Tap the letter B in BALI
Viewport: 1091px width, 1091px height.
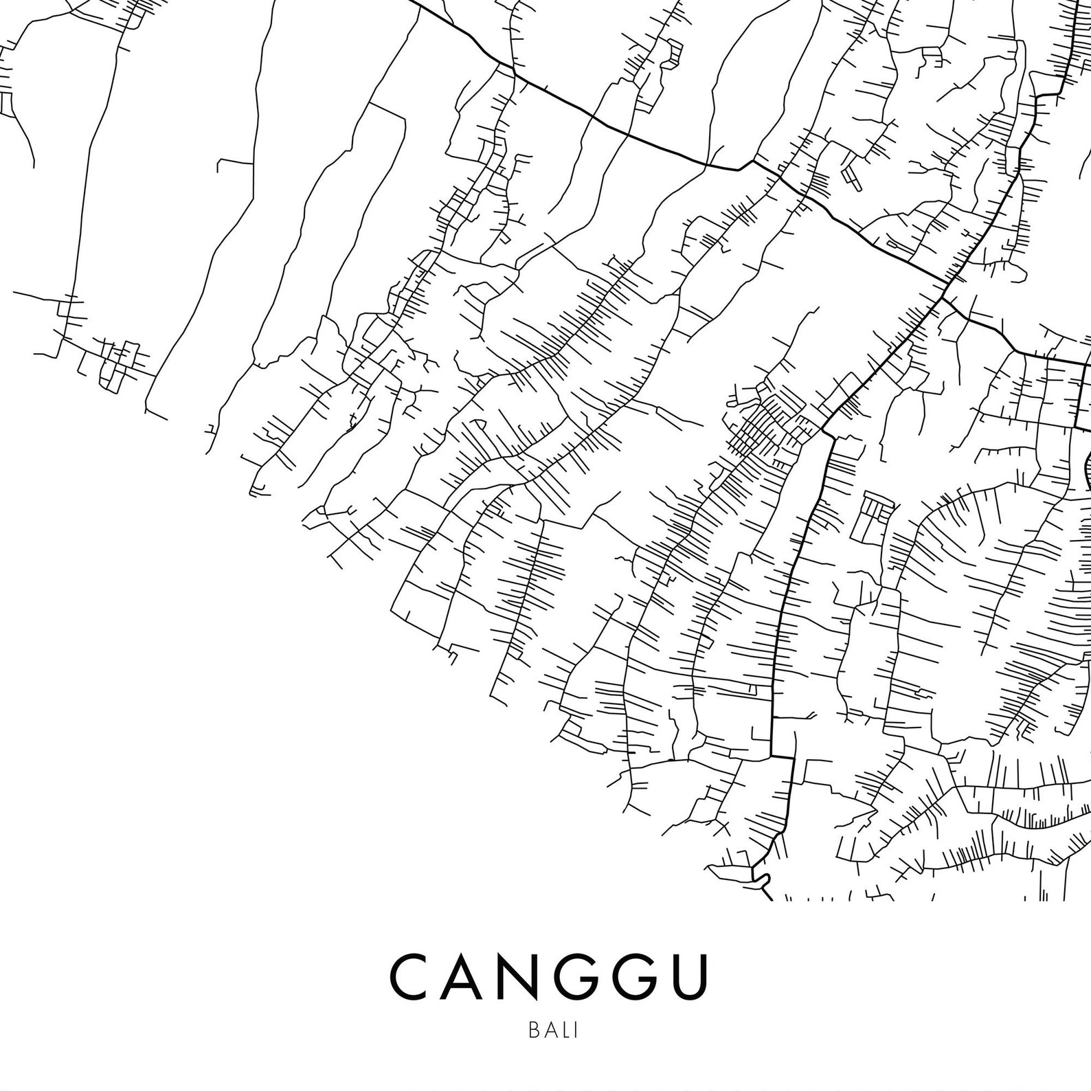tap(534, 1031)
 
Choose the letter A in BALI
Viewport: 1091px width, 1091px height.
tap(548, 1031)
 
